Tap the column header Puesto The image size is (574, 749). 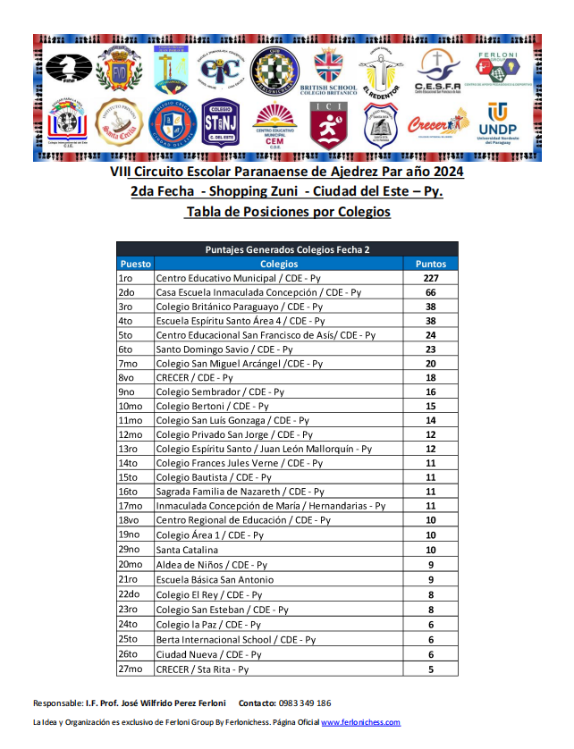coord(135,264)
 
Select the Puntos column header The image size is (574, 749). coord(431,264)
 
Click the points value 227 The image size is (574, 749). coord(431,278)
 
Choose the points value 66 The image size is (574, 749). coord(431,292)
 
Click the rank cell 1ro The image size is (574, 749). coord(126,278)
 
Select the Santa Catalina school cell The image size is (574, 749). coord(187,550)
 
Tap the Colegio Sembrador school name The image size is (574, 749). coord(220,392)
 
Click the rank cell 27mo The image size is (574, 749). coord(131,669)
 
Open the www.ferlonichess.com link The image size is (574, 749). coord(360,722)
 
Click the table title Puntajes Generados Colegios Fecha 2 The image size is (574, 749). coord(287,249)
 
